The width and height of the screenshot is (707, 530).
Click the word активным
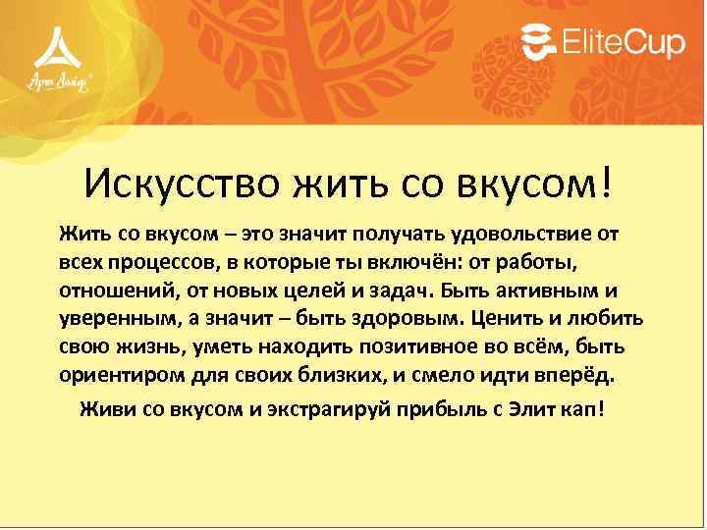coord(545,292)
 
